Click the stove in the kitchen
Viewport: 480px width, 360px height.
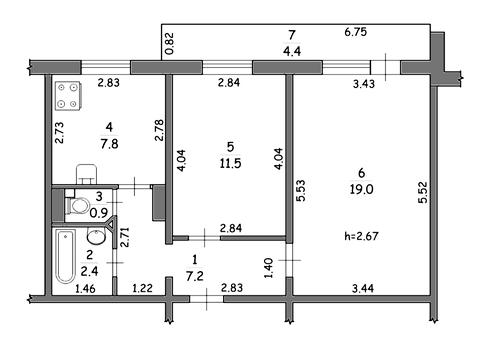pos(68,96)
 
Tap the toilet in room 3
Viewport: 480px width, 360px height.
pos(77,206)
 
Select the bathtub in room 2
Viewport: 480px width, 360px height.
pos(65,257)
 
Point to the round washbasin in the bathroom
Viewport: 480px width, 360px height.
pos(96,236)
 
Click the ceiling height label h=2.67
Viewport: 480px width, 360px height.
pos(361,236)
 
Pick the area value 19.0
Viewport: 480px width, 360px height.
pos(361,189)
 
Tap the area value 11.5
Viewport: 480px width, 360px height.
pos(230,163)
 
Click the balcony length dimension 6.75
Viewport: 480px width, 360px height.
pos(356,32)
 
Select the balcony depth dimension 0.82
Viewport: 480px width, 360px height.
pos(170,43)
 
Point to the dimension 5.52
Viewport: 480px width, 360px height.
pos(423,192)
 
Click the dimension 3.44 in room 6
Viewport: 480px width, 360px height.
pos(363,288)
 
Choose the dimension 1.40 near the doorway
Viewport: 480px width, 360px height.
pos(269,268)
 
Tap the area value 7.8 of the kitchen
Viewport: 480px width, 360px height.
pos(109,144)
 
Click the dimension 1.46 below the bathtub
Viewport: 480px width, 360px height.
pos(86,288)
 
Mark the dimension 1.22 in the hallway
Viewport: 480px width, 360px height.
pos(143,288)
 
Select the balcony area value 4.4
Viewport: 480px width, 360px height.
pos(292,51)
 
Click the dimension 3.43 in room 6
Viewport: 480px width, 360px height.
pos(364,83)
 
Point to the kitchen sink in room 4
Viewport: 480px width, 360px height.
pos(86,174)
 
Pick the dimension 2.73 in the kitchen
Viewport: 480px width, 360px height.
pos(59,132)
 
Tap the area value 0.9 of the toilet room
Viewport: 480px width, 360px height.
pos(99,212)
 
